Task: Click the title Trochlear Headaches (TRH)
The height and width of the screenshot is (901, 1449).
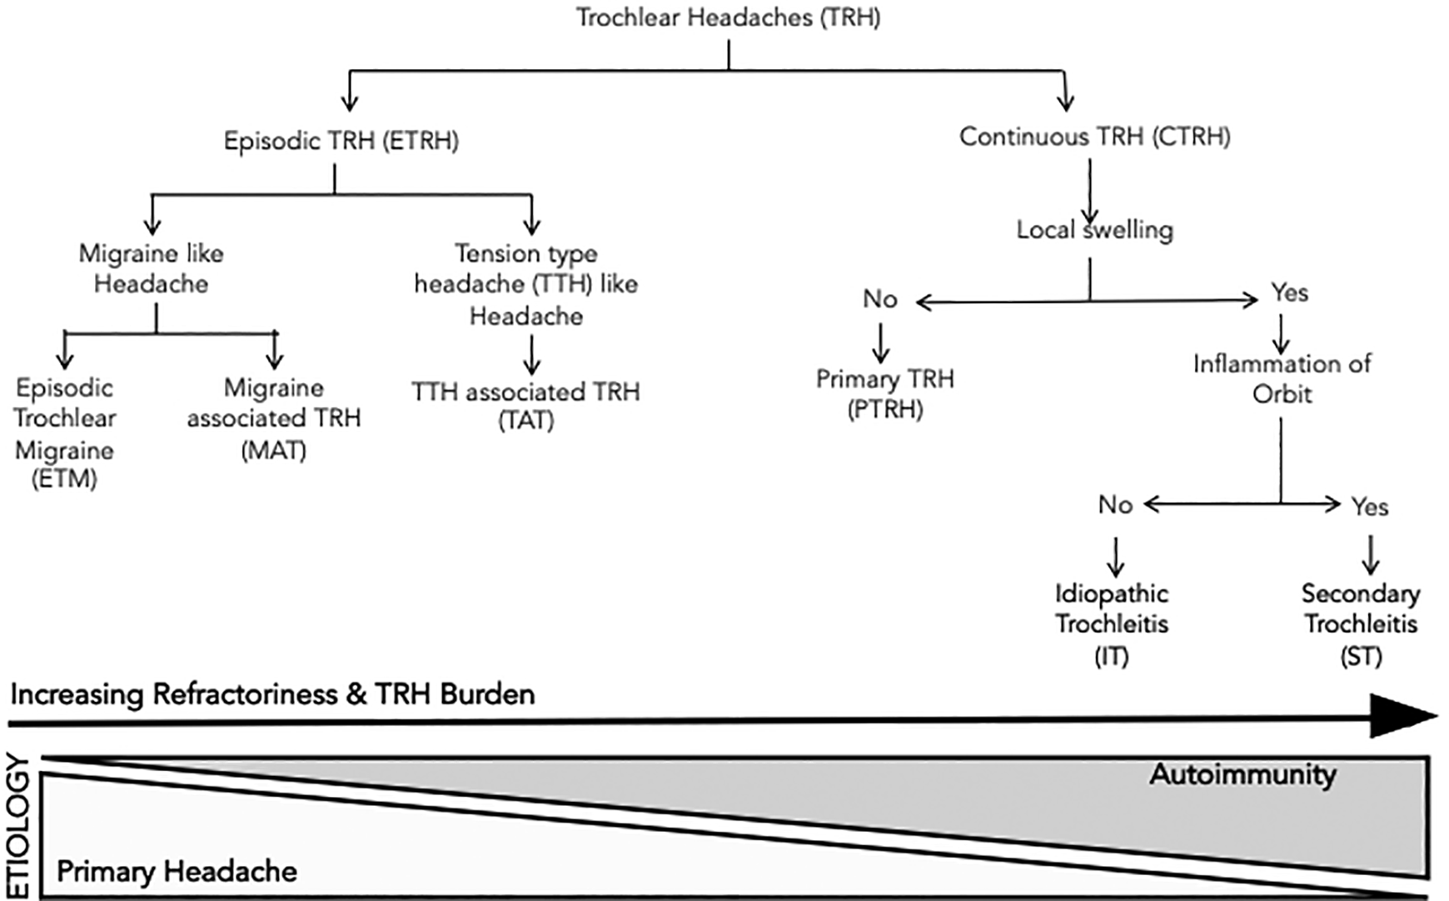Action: (729, 18)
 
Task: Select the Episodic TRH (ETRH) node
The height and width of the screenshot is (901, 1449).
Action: (341, 141)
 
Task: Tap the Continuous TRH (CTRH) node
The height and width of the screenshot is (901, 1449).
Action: (1095, 137)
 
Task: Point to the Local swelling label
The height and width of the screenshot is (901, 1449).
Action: (1095, 230)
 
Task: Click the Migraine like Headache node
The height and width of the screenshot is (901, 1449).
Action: (152, 269)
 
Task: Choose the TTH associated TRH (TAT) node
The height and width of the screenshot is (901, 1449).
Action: (526, 406)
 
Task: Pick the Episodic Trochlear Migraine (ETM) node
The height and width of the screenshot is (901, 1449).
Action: (65, 434)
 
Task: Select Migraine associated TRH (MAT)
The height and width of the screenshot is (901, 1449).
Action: (274, 420)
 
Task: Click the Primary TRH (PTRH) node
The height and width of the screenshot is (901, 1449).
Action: (885, 394)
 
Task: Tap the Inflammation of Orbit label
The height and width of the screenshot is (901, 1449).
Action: (1282, 379)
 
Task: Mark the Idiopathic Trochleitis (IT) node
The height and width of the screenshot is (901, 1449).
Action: (1112, 625)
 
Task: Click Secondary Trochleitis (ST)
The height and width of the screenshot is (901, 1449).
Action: (1362, 625)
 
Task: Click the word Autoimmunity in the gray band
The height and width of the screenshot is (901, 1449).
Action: (1243, 775)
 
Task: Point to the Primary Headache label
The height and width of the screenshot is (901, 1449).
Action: (177, 872)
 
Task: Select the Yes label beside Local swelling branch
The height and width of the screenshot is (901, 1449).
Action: (1290, 293)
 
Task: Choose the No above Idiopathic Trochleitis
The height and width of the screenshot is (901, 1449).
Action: (1116, 505)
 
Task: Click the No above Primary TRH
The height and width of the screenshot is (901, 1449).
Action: (880, 299)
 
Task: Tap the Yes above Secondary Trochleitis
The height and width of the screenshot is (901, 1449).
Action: (1370, 506)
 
